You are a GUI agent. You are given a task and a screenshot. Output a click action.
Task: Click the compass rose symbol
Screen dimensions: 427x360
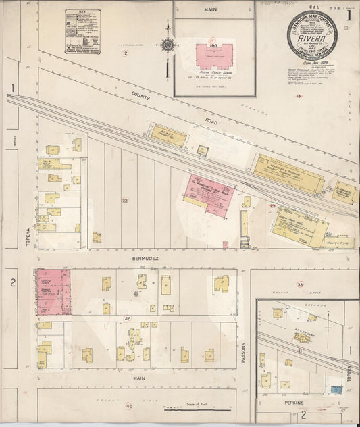(x=167, y=45)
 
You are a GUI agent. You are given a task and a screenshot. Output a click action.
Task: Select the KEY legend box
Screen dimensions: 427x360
(x=83, y=30)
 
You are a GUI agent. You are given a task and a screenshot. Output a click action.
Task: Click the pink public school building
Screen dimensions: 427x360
(x=214, y=55)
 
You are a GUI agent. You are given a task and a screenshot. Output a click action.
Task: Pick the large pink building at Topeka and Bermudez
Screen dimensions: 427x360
(x=53, y=291)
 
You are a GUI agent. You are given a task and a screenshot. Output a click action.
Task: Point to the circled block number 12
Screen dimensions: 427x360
(x=124, y=53)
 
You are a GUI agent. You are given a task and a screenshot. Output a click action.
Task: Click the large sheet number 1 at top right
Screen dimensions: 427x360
(x=349, y=14)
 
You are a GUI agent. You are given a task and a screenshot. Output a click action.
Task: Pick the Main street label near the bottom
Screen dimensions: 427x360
(x=139, y=378)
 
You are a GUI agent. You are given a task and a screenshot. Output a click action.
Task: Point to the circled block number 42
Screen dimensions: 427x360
(x=128, y=406)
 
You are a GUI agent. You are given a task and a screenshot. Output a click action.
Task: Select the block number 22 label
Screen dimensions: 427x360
(x=124, y=201)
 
